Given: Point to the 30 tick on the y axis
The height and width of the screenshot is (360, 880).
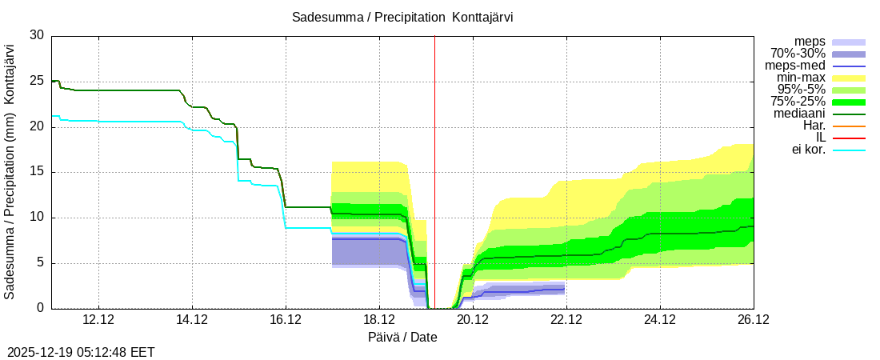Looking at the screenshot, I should click(x=37, y=35).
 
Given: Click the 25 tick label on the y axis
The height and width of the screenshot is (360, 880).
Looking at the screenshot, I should click(x=37, y=81).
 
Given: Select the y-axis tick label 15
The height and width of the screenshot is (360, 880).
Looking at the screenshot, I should click(x=37, y=172).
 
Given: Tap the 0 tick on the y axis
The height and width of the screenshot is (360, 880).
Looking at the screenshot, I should click(x=41, y=309).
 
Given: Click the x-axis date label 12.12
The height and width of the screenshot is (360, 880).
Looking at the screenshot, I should click(x=98, y=320).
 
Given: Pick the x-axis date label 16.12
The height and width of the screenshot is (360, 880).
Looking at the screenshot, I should click(x=286, y=320).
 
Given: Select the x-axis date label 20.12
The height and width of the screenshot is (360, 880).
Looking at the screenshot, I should click(x=473, y=320).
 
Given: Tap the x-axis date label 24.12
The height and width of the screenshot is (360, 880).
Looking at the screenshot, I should click(x=660, y=320).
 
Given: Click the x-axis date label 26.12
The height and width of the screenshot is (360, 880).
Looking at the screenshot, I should click(x=753, y=320).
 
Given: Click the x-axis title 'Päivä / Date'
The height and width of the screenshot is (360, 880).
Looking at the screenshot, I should click(x=402, y=337).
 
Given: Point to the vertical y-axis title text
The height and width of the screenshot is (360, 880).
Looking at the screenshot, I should click(x=10, y=172).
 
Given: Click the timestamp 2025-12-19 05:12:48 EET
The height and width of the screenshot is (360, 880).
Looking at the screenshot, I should click(x=81, y=352).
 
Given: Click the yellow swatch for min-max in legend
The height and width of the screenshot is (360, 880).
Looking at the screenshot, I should click(x=849, y=78).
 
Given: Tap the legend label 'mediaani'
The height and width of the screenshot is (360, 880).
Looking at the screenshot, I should click(x=799, y=114).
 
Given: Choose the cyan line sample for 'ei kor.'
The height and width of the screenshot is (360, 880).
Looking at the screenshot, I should click(x=849, y=150).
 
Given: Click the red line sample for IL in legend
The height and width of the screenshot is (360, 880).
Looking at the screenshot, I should click(x=849, y=138).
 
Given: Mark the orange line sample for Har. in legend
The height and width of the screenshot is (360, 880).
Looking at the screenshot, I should click(x=849, y=126).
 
